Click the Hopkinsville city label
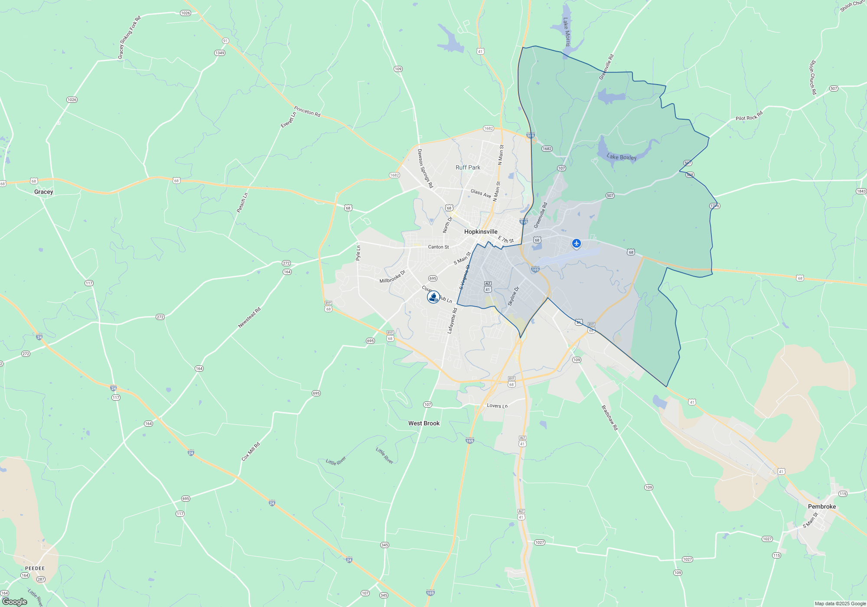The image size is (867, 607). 481,232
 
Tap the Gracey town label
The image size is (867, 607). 43,192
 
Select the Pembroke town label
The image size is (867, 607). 821,506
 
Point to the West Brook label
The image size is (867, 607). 424,423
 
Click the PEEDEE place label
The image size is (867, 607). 35,568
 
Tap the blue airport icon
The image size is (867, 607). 576,243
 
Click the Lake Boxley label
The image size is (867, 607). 622,157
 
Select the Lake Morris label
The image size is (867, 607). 567,32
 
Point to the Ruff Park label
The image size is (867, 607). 468,167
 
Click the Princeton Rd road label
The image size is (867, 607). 307,111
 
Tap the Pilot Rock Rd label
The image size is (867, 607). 749,116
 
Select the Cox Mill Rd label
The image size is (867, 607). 251,451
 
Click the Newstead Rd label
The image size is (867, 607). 249,318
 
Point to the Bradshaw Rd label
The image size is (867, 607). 609,418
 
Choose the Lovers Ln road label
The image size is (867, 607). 497,406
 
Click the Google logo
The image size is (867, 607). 14,601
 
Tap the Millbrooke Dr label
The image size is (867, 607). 392,277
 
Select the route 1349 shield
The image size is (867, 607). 219,53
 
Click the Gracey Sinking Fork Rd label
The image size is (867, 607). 129,38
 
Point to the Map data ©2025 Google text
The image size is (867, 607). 840,604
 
